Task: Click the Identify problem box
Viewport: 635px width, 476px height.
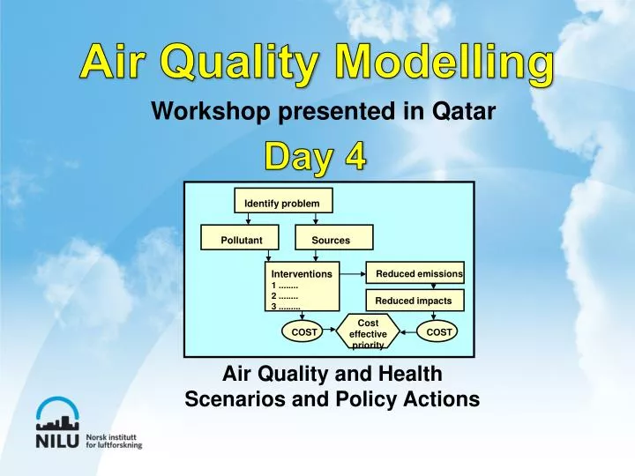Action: (282, 204)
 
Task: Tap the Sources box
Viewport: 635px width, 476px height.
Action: (331, 240)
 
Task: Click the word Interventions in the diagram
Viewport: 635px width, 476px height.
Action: (301, 274)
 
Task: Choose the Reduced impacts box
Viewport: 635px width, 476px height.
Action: (413, 301)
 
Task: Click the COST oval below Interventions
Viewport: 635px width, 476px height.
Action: (304, 332)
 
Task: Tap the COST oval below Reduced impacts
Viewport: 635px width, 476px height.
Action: (438, 332)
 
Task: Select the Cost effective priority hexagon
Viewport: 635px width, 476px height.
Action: (369, 333)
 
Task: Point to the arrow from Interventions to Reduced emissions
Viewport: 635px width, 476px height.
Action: (353, 274)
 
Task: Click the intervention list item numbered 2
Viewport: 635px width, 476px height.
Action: (284, 295)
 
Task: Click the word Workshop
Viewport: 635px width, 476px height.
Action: (197, 112)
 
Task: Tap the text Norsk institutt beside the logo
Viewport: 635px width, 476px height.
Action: (114, 435)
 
